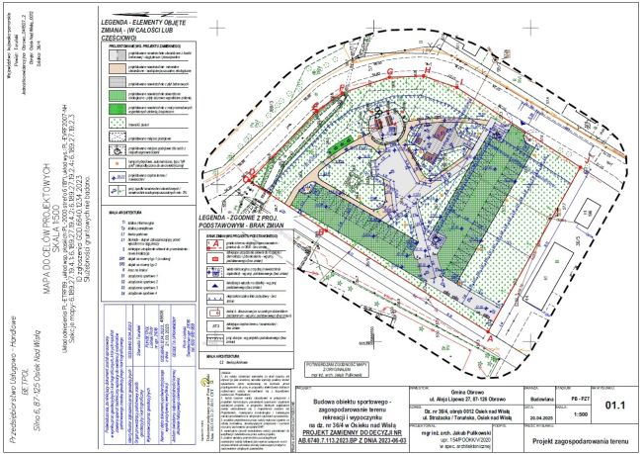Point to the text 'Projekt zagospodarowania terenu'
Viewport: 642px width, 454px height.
[579, 440]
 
